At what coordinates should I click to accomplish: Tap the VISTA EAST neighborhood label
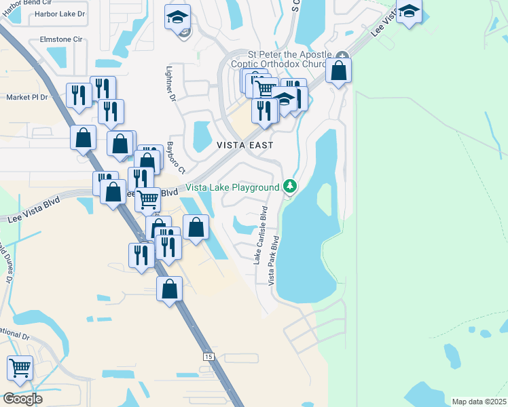(x=245, y=145)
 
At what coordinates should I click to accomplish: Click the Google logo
(x=22, y=399)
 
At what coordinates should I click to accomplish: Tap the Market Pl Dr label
(x=27, y=97)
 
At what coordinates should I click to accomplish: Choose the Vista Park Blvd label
(x=274, y=260)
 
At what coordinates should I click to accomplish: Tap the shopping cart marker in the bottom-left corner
(x=20, y=368)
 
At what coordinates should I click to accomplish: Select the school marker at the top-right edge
(x=410, y=11)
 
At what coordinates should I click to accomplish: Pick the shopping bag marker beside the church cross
(x=338, y=70)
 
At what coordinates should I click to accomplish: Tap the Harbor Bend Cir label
(x=28, y=3)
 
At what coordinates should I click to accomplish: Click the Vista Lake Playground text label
(x=233, y=187)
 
